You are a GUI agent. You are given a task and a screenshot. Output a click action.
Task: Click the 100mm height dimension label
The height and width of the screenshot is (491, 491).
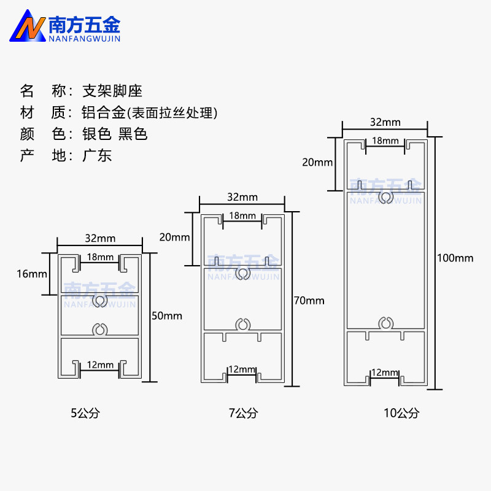pyautogui.click(x=455, y=258)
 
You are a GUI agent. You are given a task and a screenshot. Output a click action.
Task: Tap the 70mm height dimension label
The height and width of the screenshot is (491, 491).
pyautogui.click(x=309, y=301)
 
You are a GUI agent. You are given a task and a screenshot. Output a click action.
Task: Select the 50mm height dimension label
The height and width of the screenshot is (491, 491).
pyautogui.click(x=167, y=315)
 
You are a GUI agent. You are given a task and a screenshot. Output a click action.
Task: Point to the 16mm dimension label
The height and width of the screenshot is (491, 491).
pyautogui.click(x=32, y=274)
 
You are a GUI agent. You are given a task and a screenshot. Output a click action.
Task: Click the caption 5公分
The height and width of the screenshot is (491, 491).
pyautogui.click(x=85, y=413)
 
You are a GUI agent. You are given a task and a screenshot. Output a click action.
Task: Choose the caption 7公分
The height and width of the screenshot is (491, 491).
pyautogui.click(x=243, y=413)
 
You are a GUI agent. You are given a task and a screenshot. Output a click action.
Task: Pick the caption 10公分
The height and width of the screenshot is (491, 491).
pyautogui.click(x=401, y=413)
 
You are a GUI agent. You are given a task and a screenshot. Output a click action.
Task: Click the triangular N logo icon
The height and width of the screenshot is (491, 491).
pyautogui.click(x=28, y=26)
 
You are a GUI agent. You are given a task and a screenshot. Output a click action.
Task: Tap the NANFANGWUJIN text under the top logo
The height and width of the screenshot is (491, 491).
pyautogui.click(x=85, y=39)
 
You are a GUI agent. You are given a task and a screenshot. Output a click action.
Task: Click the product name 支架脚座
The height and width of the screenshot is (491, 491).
pyautogui.click(x=112, y=91)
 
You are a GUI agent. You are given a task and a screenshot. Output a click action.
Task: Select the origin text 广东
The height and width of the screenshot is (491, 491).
pyautogui.click(x=97, y=155)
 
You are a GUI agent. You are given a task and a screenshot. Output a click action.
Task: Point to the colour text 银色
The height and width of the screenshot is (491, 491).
pyautogui.click(x=97, y=134)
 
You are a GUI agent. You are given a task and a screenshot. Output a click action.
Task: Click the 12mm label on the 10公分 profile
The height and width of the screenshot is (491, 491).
pyautogui.click(x=385, y=373)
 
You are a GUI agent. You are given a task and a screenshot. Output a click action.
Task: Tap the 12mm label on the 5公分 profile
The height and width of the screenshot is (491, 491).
pyautogui.click(x=100, y=365)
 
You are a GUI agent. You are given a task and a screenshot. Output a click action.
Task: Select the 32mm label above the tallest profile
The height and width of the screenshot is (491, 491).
pyautogui.click(x=385, y=122)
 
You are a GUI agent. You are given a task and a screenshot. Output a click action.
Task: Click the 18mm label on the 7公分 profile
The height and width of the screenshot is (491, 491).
pyautogui.click(x=242, y=216)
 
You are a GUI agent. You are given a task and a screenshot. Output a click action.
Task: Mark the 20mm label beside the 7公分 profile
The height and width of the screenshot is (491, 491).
pyautogui.click(x=174, y=238)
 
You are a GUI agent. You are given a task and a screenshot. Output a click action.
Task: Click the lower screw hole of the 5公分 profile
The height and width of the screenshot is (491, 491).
pyautogui.click(x=100, y=330)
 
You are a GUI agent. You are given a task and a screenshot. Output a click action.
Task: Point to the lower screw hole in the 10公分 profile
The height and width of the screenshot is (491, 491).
pyautogui.click(x=386, y=323)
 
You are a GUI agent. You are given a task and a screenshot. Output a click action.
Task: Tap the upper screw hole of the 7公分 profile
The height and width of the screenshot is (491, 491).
pyautogui.click(x=242, y=274)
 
